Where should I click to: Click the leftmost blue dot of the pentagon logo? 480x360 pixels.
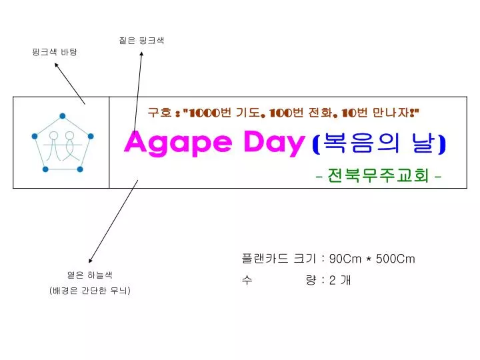34,137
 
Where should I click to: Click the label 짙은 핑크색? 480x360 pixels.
141,41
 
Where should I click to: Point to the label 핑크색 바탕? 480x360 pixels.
55,52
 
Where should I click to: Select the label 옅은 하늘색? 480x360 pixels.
89,275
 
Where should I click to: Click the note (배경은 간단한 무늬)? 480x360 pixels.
89,291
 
